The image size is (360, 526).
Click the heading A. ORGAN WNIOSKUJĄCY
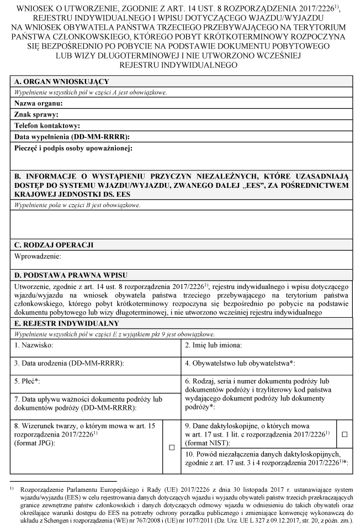tap(57, 81)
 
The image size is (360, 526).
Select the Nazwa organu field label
tap(39, 103)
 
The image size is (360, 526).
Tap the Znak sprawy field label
tap(36, 114)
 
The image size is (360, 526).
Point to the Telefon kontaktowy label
tap(47, 125)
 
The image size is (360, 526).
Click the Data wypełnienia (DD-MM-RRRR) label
tap(72, 136)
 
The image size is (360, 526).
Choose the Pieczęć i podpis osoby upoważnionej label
tap(73, 148)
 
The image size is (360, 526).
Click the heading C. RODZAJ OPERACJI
tap(54, 244)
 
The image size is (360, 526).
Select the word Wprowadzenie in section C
tap(38, 256)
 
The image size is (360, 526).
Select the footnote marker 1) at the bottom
tap(11, 488)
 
